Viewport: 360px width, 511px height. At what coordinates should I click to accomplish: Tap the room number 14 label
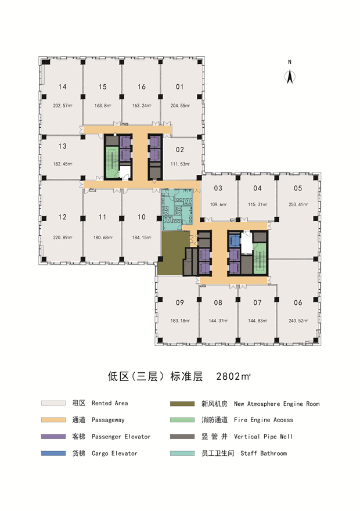(63, 87)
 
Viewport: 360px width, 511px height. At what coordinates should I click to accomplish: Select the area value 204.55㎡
(180, 106)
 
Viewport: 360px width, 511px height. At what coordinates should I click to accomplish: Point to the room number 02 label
(180, 150)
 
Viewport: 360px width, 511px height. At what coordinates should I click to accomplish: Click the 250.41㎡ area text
(298, 204)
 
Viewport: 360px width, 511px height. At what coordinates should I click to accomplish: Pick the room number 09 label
(180, 303)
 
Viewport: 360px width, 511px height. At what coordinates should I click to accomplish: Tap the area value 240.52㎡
(298, 321)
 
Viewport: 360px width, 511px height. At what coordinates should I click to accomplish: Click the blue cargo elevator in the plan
(235, 241)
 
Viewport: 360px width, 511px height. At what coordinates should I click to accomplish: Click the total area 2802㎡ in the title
(233, 376)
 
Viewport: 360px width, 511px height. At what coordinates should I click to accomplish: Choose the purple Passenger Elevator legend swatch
(53, 437)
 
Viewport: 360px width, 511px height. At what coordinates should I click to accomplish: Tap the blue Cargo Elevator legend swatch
(53, 454)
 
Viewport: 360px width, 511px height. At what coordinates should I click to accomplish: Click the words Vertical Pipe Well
(263, 437)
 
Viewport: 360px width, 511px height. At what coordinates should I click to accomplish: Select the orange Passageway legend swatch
(53, 420)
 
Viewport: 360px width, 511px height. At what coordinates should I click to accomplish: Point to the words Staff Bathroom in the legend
(264, 454)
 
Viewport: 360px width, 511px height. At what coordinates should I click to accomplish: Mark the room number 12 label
(63, 217)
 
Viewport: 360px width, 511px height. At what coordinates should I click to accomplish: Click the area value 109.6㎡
(218, 204)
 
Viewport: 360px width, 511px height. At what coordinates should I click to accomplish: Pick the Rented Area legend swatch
(53, 403)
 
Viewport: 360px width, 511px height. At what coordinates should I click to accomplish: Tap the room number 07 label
(257, 303)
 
